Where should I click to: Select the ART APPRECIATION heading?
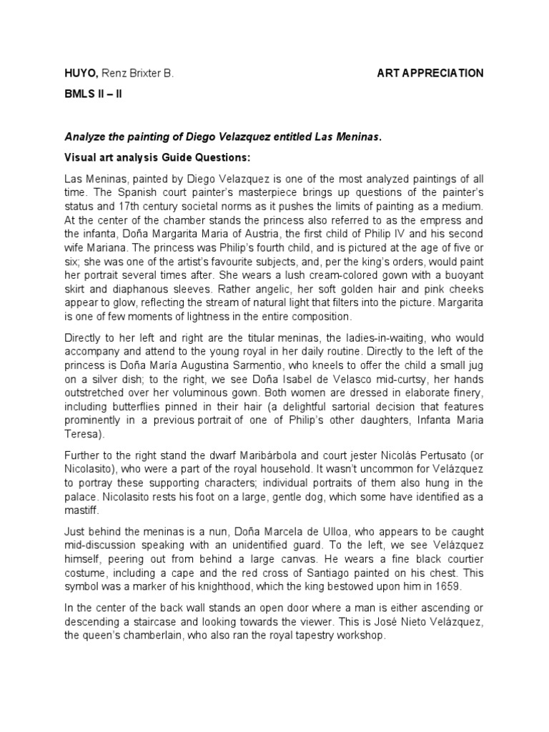click(x=430, y=73)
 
